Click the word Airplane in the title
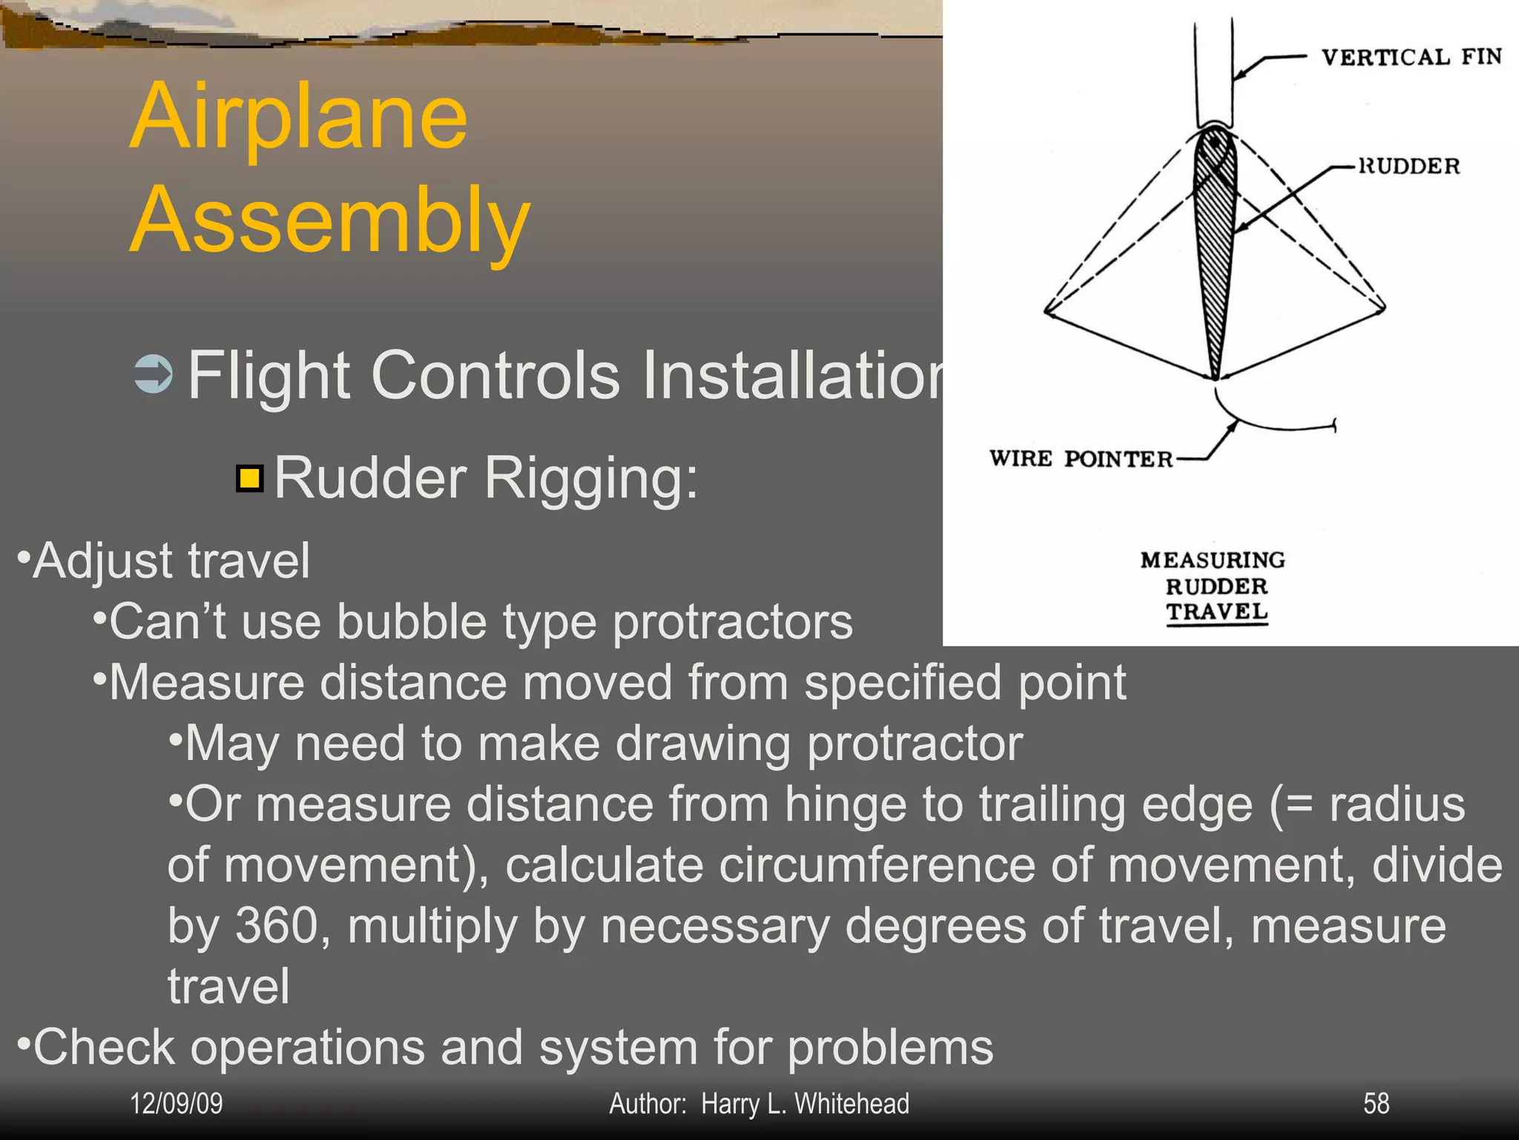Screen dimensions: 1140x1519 (298, 117)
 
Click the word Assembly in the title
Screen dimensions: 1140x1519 (330, 220)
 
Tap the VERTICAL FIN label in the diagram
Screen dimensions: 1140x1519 (1411, 57)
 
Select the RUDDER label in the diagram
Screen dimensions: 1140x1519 (1408, 166)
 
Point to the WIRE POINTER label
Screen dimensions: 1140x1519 (1081, 459)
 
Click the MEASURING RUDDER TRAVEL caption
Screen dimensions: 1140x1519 (1214, 586)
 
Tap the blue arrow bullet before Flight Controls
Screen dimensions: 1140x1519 (154, 374)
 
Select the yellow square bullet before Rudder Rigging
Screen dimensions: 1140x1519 (250, 479)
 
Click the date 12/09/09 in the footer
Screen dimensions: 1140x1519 (176, 1104)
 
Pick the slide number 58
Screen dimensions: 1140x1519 (1376, 1104)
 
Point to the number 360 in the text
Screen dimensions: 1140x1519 (278, 926)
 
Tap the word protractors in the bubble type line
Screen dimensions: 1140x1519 (732, 621)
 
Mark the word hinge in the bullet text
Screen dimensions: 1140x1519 (846, 805)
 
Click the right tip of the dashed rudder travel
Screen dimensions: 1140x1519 (1383, 305)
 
